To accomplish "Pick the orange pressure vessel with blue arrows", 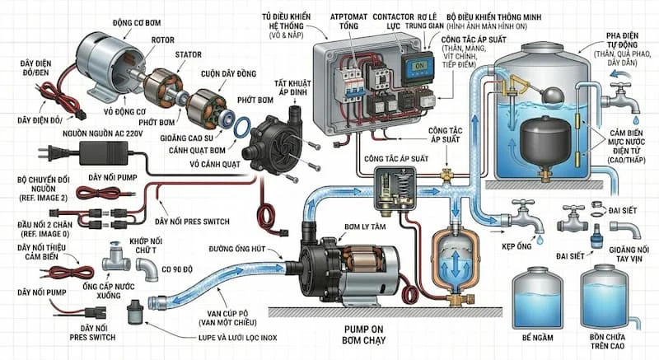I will (x=451, y=259).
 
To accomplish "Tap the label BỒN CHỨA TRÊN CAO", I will (x=610, y=344).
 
